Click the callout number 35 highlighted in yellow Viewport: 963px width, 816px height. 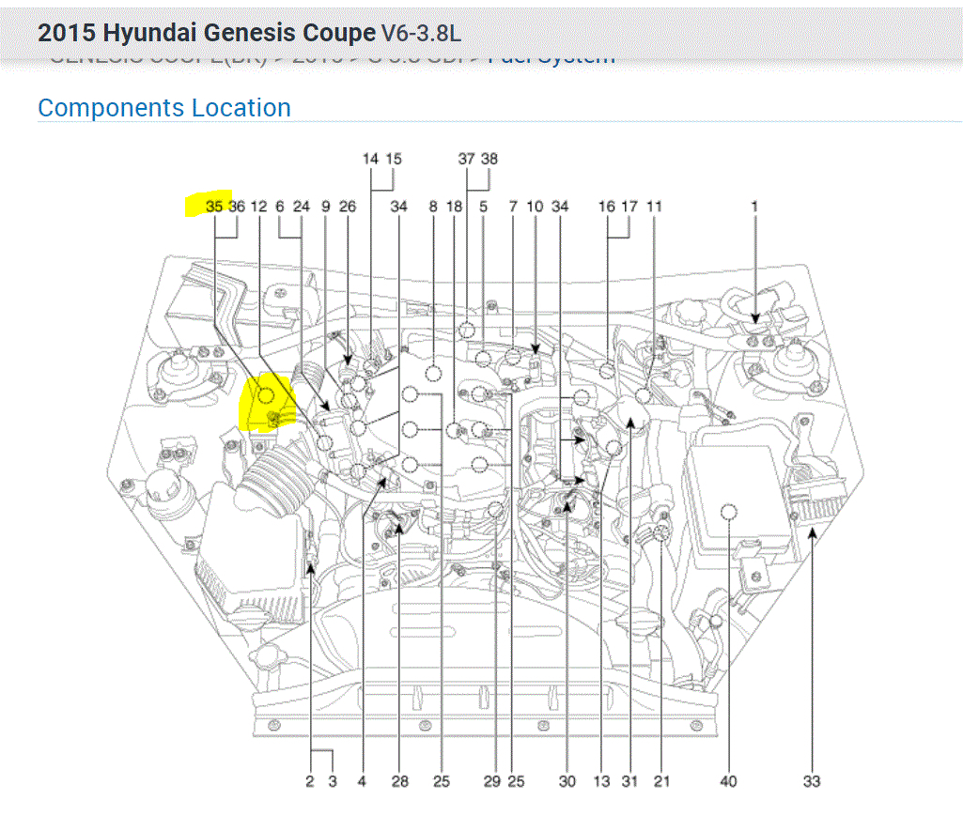point(214,206)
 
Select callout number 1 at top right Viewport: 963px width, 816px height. point(753,206)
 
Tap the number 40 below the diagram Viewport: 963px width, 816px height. point(728,780)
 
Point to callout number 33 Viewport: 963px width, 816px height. point(812,780)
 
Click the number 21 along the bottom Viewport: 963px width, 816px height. point(662,780)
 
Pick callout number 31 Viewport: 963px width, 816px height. point(629,780)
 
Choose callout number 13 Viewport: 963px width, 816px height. point(602,780)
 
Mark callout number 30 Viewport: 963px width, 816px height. point(567,780)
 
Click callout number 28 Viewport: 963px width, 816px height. point(400,780)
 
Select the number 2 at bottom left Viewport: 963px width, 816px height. point(309,780)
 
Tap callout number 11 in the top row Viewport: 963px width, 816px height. point(655,206)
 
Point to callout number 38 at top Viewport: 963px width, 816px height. point(489,159)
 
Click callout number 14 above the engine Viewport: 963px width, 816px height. point(370,159)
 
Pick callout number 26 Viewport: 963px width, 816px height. point(348,206)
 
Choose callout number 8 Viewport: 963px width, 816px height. point(433,206)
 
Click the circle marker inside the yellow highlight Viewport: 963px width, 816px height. point(266,394)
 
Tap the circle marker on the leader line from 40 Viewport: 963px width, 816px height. point(728,511)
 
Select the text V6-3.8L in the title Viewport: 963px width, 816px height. point(421,33)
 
